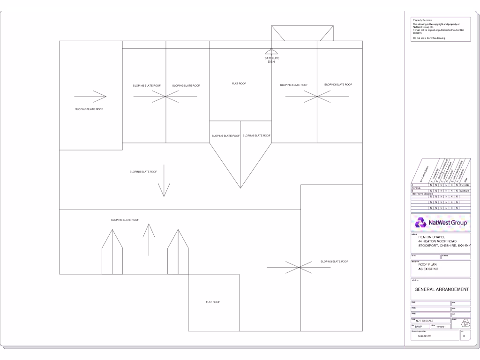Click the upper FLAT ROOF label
click(239, 83)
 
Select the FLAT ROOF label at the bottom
click(213, 302)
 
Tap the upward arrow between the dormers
click(149, 240)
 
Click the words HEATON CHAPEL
click(431, 237)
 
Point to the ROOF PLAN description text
click(428, 264)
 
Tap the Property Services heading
click(422, 20)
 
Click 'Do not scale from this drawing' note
click(428, 37)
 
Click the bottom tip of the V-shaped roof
click(240, 188)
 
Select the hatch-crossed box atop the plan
click(303, 33)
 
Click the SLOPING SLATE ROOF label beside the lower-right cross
click(335, 261)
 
